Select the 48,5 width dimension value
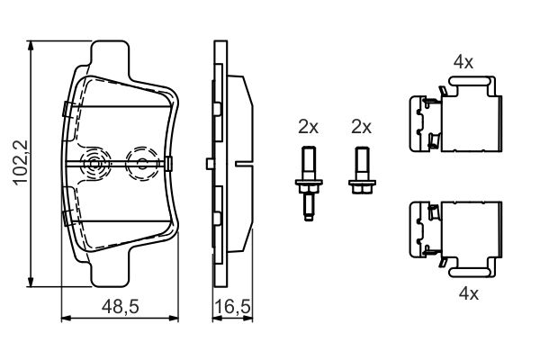pyautogui.click(x=119, y=307)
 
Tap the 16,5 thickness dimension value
pyautogui.click(x=231, y=307)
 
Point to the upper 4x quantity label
pyautogui.click(x=463, y=63)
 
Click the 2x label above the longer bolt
pyautogui.click(x=309, y=127)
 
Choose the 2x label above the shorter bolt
pyautogui.click(x=361, y=127)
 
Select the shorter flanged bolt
pyautogui.click(x=361, y=175)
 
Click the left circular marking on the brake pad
pyautogui.click(x=93, y=163)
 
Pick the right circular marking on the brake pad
pyautogui.click(x=140, y=163)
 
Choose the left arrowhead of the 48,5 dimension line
pyautogui.click(x=63, y=318)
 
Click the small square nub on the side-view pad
pyautogui.click(x=208, y=163)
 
